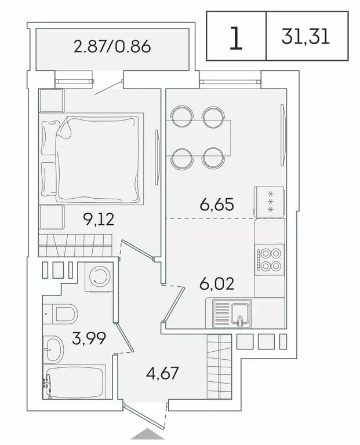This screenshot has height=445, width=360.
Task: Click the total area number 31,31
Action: [306, 37]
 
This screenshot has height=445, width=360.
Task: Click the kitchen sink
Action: [232, 313]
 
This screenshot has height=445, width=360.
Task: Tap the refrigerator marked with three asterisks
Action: [269, 202]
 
